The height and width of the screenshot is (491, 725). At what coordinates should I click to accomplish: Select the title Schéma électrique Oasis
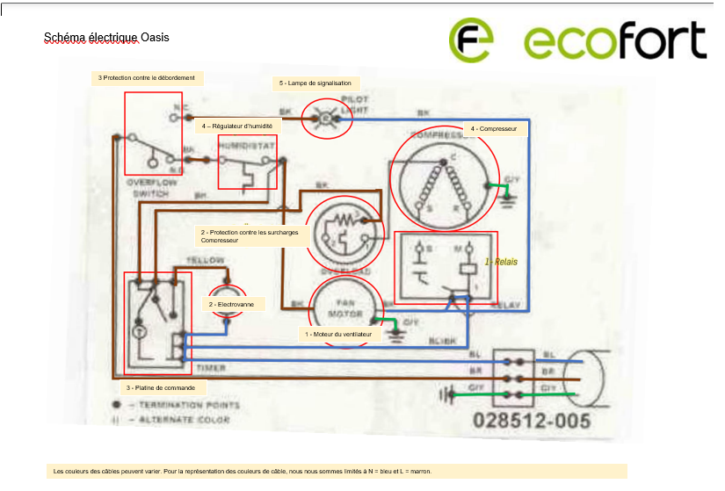106,38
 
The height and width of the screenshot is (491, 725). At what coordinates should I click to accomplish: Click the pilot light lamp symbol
327,118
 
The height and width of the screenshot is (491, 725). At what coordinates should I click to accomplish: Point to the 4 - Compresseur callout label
493,129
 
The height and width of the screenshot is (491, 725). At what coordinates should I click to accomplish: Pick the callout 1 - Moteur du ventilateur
338,335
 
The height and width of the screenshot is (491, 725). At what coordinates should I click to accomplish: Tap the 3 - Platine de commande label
164,386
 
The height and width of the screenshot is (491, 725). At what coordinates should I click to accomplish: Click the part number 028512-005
532,421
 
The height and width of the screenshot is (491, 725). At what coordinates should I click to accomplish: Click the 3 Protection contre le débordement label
147,77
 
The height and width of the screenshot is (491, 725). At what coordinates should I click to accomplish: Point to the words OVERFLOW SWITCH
151,187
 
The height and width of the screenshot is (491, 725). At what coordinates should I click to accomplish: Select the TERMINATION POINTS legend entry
183,406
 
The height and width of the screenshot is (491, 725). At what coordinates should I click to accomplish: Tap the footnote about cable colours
338,472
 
